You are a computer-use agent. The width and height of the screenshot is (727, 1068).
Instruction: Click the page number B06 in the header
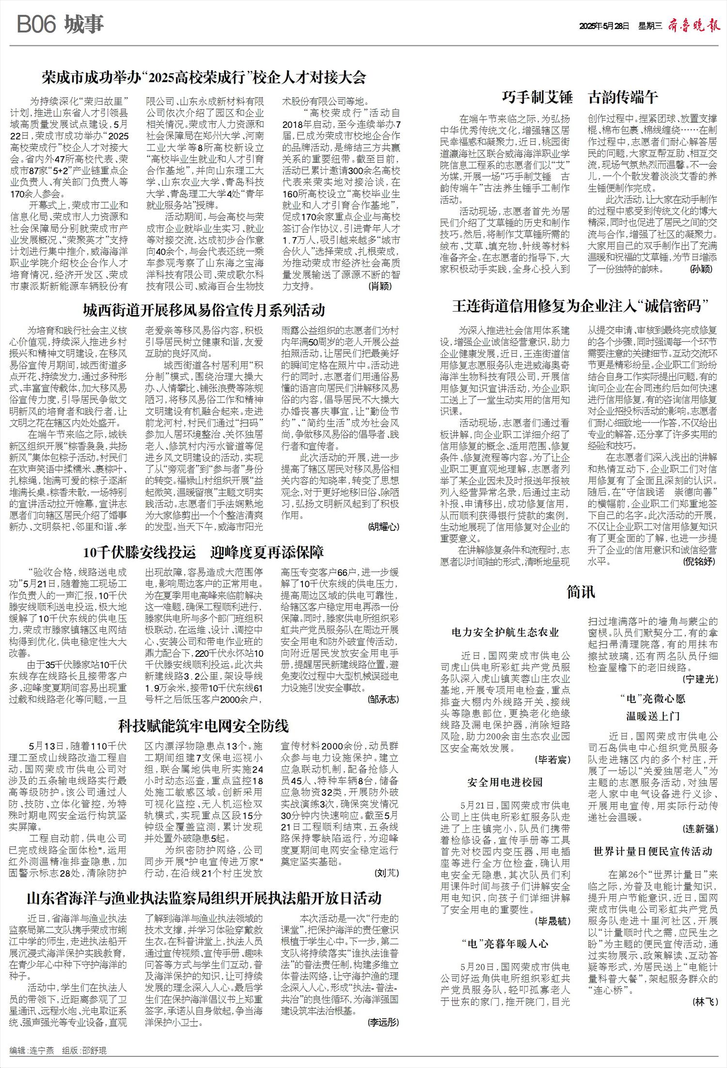click(37, 25)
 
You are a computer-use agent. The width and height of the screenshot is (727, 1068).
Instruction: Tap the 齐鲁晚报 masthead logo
click(694, 26)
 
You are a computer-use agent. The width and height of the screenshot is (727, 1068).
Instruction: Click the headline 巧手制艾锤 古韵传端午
click(580, 97)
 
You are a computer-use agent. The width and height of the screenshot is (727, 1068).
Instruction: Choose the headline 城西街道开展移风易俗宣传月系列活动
click(204, 310)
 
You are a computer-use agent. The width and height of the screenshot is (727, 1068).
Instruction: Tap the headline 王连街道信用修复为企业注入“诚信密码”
click(581, 306)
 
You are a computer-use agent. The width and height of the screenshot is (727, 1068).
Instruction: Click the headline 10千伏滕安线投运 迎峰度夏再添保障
click(204, 552)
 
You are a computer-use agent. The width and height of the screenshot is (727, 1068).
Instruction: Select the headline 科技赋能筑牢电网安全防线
click(204, 726)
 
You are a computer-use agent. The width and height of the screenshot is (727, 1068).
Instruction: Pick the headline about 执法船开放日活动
click(204, 898)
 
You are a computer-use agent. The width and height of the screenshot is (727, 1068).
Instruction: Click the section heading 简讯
click(581, 592)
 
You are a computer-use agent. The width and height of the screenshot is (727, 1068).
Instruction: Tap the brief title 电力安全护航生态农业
click(505, 632)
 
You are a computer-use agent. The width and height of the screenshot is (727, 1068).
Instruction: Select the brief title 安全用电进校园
click(505, 782)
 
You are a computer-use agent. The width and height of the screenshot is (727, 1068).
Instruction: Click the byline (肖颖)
click(380, 286)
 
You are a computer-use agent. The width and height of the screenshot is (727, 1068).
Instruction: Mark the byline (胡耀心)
click(383, 526)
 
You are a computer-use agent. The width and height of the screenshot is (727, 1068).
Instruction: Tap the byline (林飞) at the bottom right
click(705, 1002)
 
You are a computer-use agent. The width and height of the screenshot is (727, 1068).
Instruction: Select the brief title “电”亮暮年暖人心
click(505, 943)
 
